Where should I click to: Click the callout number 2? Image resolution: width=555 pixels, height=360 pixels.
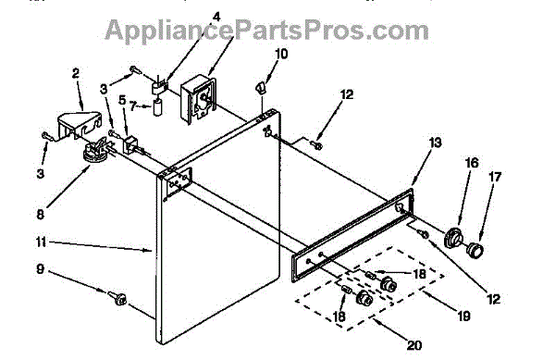76,74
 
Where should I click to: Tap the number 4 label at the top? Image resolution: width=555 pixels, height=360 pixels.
216,17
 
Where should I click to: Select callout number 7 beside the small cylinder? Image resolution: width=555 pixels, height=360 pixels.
133,106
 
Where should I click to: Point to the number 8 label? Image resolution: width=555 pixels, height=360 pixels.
41,215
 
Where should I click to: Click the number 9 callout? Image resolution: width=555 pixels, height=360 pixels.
41,269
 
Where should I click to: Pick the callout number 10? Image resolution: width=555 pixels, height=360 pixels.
281,55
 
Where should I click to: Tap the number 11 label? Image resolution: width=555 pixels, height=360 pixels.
41,242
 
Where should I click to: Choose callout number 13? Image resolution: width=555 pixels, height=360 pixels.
436,143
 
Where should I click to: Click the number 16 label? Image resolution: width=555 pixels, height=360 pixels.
472,163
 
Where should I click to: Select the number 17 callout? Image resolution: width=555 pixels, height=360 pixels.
495,177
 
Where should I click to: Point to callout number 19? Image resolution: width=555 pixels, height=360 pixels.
463,316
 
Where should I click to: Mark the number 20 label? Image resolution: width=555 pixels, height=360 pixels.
414,345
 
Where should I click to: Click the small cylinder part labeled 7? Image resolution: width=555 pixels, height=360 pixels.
158,107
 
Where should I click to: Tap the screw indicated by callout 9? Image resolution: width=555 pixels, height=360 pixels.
117,297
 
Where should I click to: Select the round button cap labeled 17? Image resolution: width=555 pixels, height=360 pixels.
475,249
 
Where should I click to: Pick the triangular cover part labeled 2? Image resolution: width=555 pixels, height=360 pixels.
79,124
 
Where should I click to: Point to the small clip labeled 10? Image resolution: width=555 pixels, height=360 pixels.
260,87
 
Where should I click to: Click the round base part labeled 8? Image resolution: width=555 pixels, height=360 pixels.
94,152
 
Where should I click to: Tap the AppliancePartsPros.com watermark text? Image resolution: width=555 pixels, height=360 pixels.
267,31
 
